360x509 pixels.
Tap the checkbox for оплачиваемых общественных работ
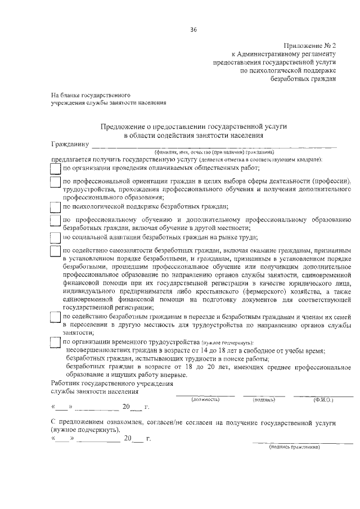pyautogui.click(x=55, y=168)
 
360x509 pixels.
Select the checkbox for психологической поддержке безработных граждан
pyautogui.click(x=55, y=206)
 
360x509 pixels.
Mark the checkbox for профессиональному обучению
pyautogui.click(x=55, y=222)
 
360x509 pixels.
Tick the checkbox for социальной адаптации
pyautogui.click(x=55, y=237)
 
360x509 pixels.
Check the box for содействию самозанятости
pyautogui.click(x=55, y=251)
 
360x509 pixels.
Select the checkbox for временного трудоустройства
pyautogui.click(x=55, y=342)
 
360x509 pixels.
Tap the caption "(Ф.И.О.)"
pyautogui.click(x=323, y=400)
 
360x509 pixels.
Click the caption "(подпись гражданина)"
pyautogui.click(x=294, y=447)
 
